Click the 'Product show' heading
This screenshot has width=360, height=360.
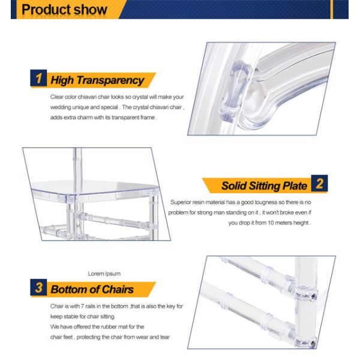coord(64,10)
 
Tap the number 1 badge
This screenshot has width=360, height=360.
coord(38,78)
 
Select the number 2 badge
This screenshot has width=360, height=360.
coord(319,183)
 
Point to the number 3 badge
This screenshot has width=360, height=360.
coord(38,287)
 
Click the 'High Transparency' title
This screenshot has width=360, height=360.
coord(97,80)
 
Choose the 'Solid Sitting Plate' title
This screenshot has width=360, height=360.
coord(264,185)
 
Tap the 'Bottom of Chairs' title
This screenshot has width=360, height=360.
coord(92,289)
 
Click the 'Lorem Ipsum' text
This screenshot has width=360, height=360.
coord(104,274)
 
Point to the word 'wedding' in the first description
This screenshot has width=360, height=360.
coord(61,107)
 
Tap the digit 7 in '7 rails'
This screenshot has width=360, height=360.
coord(82,306)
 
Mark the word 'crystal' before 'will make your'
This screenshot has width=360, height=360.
coord(140,97)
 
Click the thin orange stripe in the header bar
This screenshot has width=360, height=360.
coord(332,10)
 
